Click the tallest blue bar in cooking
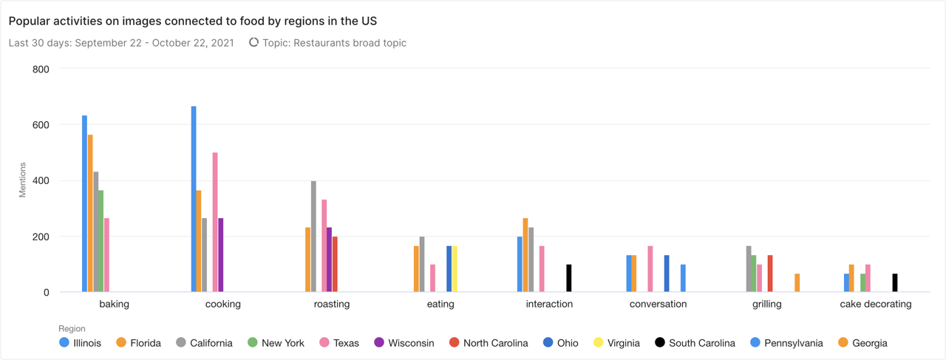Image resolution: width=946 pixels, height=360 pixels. (194, 200)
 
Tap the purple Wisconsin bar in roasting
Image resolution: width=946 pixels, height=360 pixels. (330, 259)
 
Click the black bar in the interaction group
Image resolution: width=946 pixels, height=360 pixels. (569, 278)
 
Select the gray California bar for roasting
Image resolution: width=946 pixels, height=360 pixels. (313, 237)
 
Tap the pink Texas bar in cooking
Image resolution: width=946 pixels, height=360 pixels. (215, 222)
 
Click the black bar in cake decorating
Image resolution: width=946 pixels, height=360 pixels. (895, 283)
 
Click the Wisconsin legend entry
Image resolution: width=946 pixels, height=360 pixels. (404, 343)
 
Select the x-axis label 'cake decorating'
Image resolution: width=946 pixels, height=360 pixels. (876, 304)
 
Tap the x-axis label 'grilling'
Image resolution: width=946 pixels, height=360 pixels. (767, 304)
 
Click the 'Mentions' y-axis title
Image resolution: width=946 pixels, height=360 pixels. (22, 180)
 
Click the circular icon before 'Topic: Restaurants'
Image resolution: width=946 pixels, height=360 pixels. (253, 43)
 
